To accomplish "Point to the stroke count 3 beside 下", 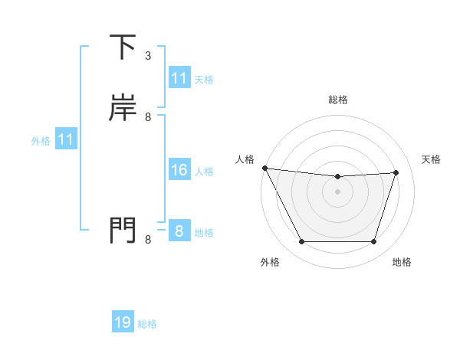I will coord(148,56).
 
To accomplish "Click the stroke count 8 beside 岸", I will coord(148,117).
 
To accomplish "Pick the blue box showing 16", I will coord(179,170).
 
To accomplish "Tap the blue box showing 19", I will coord(123,322).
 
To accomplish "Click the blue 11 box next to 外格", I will coord(66,140).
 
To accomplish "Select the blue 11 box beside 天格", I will coord(179,78).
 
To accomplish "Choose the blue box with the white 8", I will coord(179,231).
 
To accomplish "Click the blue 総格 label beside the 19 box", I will coord(147,324).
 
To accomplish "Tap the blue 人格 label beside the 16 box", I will coord(204,171).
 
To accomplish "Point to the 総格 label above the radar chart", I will coord(337,100).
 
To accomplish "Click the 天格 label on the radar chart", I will coord(432,159).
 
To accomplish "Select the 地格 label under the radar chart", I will coord(402,262).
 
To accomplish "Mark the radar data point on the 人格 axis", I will coord(264,168).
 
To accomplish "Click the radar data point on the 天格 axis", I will coord(396,172).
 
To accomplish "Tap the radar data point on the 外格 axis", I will coord(301,242).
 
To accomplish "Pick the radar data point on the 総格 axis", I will coord(337,177).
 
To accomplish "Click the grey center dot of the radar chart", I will coord(337,191).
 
